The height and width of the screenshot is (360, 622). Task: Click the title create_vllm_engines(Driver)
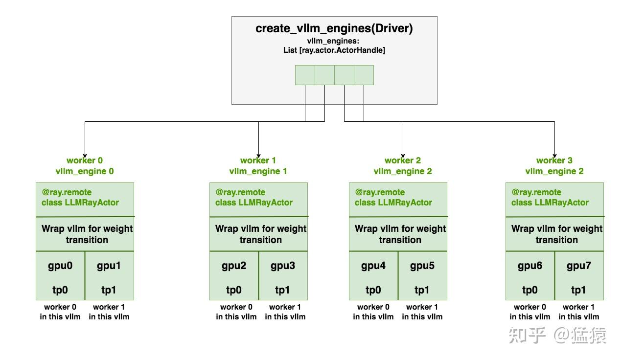click(x=334, y=28)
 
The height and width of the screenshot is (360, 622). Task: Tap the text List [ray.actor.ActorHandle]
click(x=334, y=50)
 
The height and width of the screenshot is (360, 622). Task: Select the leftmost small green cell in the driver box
click(x=305, y=75)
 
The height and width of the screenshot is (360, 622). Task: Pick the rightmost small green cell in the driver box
click(x=364, y=75)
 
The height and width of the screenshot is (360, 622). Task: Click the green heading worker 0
click(x=85, y=160)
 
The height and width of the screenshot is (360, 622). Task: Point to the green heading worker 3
click(x=554, y=160)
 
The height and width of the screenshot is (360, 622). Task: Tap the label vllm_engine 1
click(x=258, y=171)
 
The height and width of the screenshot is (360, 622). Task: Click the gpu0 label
click(x=60, y=266)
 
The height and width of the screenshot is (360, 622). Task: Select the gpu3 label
click(x=283, y=266)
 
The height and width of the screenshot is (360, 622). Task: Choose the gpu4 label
click(x=373, y=266)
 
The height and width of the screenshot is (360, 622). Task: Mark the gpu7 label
click(x=579, y=266)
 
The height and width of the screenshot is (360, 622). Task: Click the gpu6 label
click(x=530, y=266)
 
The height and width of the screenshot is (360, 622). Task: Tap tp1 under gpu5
click(x=422, y=290)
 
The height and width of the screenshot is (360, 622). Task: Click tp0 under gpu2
click(x=234, y=290)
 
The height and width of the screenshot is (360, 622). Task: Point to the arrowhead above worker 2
click(x=403, y=156)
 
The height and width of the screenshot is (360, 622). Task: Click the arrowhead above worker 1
click(x=258, y=156)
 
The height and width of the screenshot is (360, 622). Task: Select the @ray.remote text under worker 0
click(x=67, y=192)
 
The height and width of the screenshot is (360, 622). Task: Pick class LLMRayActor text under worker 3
click(x=550, y=202)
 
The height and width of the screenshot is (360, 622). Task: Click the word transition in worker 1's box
click(x=261, y=240)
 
